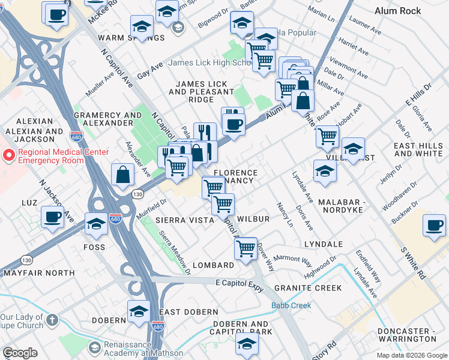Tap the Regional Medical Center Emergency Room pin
[8, 155]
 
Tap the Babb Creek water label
[291, 305]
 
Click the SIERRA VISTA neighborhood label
[185, 220]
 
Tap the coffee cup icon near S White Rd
[434, 226]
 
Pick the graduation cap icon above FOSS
[96, 224]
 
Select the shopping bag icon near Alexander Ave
[122, 174]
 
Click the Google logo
[20, 353]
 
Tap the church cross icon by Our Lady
[53, 320]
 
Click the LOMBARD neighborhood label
[214, 265]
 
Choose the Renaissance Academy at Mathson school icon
[94, 348]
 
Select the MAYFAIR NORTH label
[39, 272]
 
